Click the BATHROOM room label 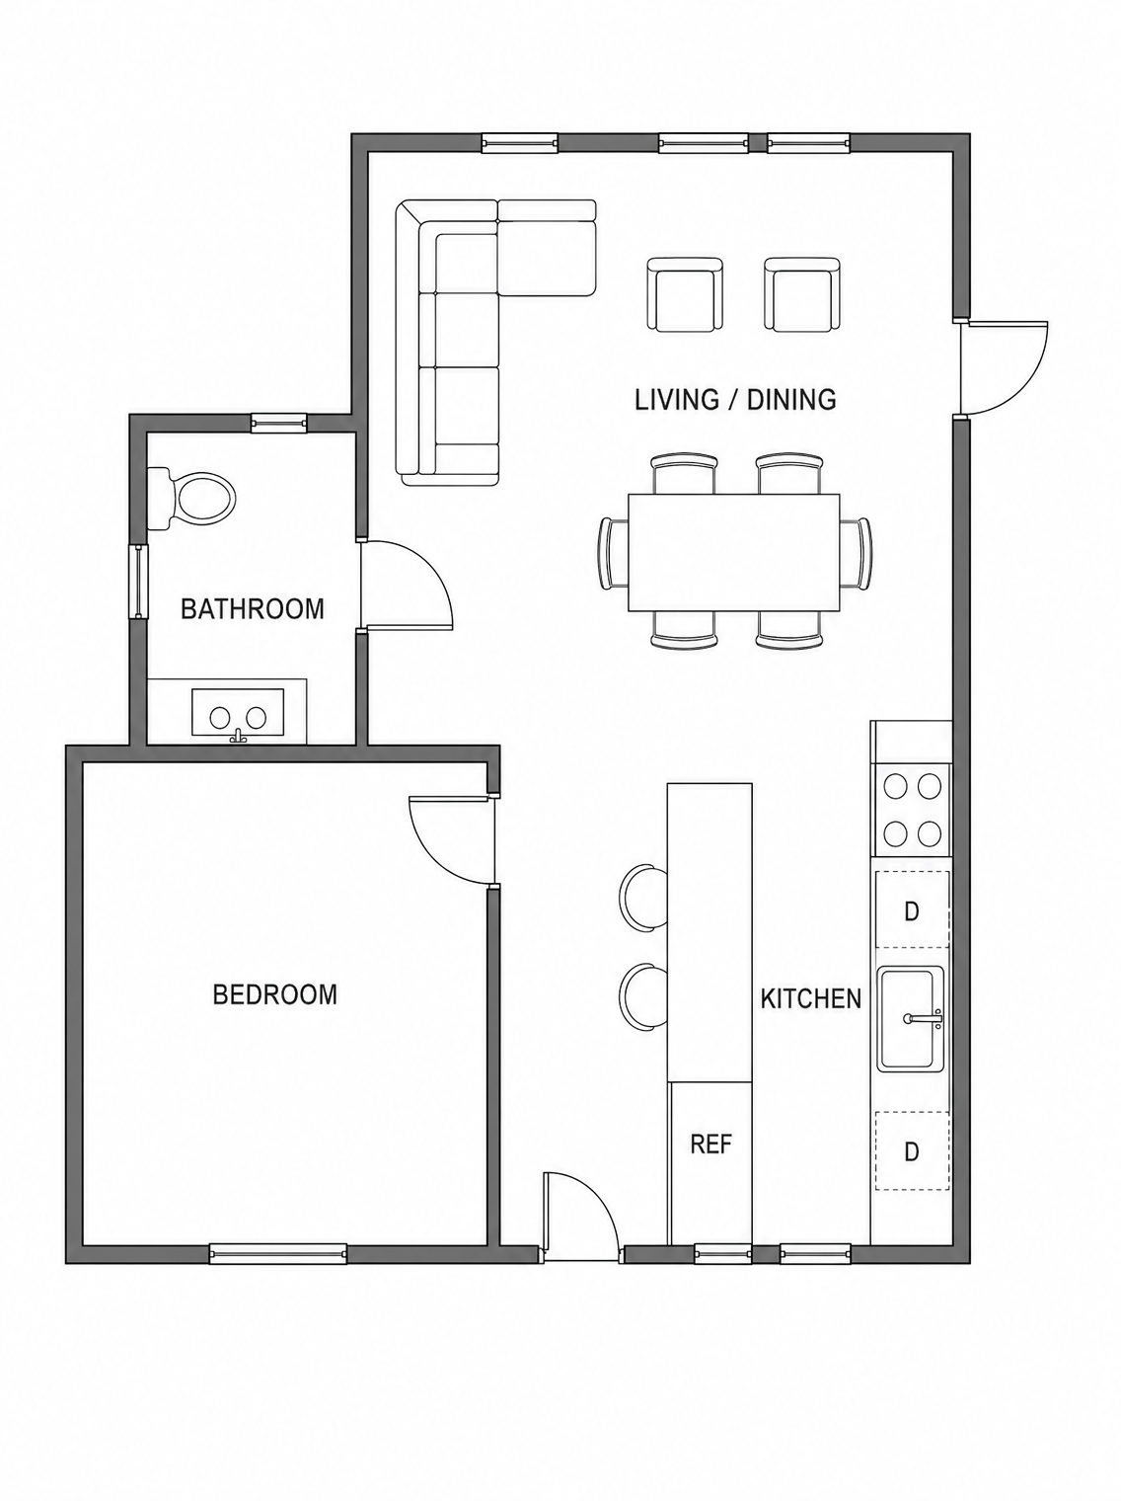252,608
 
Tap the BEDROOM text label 275,994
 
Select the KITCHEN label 811,999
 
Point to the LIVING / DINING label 736,399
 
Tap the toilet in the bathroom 190,498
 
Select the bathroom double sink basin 238,717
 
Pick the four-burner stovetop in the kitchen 911,812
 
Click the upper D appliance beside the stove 912,910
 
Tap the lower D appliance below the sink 912,1151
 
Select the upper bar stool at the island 644,899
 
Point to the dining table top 734,553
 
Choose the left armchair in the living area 685,295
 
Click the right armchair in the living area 802,295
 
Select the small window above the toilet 279,424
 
